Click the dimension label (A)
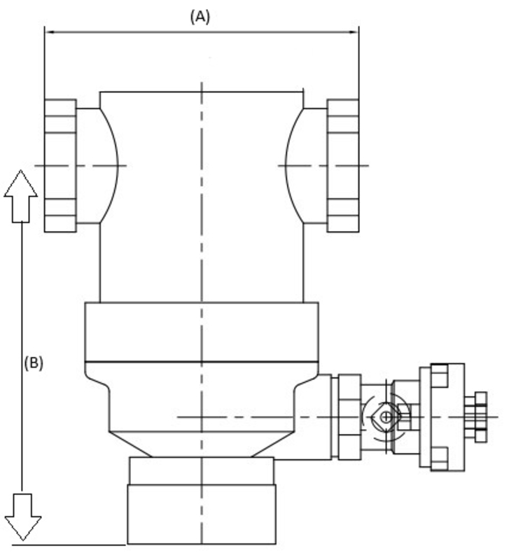tap(200, 17)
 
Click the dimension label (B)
tap(34, 363)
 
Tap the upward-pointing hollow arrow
tap(21, 197)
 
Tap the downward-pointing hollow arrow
tap(23, 517)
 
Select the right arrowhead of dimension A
tap(354, 32)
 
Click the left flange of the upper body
tap(60, 166)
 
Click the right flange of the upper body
tap(343, 166)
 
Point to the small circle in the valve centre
tap(386, 416)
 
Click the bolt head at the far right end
tap(481, 417)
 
